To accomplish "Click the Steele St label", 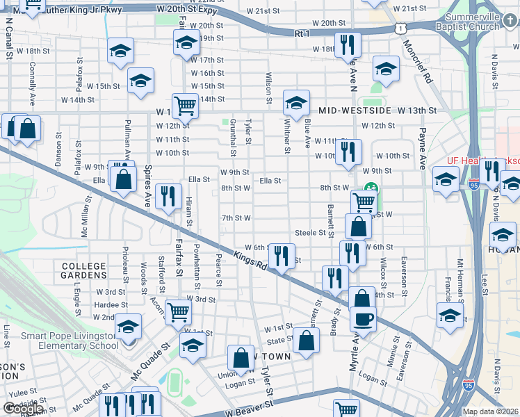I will (x=310, y=233).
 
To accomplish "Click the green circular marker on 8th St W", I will (x=371, y=188).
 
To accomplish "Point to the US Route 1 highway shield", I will (x=400, y=27).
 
